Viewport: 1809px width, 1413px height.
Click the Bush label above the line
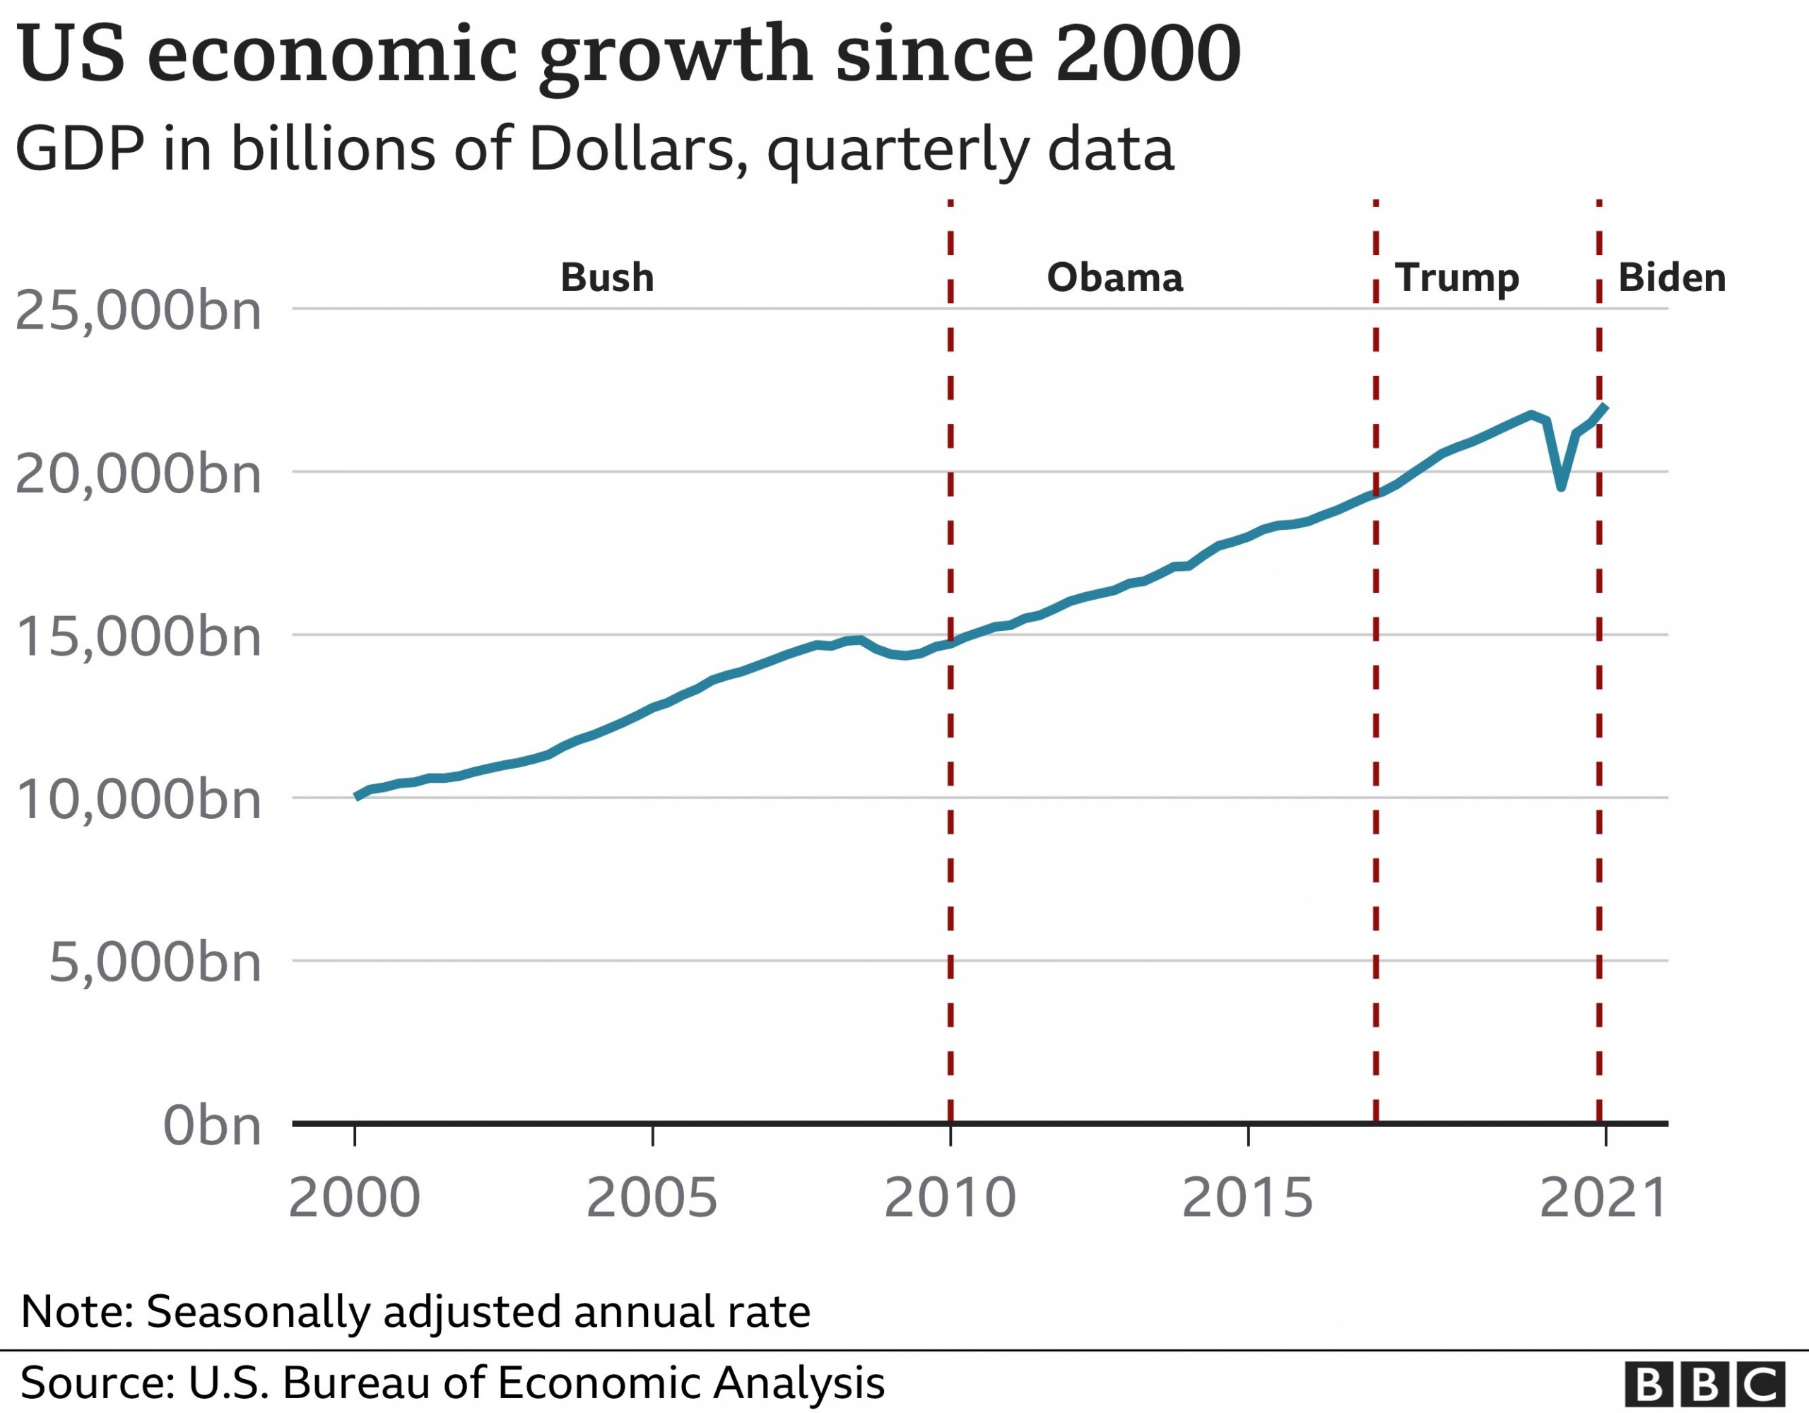pyautogui.click(x=607, y=278)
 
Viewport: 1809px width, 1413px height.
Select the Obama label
pyautogui.click(x=1115, y=278)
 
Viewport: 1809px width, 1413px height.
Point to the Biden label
pyautogui.click(x=1671, y=278)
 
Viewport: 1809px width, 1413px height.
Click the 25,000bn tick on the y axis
pyautogui.click(x=139, y=312)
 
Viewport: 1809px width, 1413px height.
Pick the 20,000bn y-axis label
pyautogui.click(x=139, y=475)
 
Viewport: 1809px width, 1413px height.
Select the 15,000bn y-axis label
pyautogui.click(x=139, y=638)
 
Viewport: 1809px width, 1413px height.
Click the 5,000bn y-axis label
pyautogui.click(x=155, y=963)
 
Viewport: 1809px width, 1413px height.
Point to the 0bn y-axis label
pyautogui.click(x=212, y=1126)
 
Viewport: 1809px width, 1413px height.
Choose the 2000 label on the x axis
pyautogui.click(x=355, y=1198)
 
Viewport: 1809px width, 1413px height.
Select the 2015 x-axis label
pyautogui.click(x=1247, y=1198)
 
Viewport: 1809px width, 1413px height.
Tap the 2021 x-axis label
pyautogui.click(x=1603, y=1198)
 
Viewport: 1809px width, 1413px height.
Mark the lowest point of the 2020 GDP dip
pyautogui.click(x=1560, y=487)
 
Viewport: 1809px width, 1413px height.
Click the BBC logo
pyautogui.click(x=1716, y=1384)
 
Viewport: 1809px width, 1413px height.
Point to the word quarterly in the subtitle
pyautogui.click(x=898, y=150)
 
